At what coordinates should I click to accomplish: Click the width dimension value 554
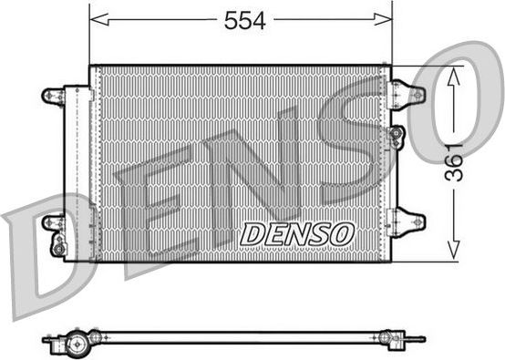pyautogui.click(x=244, y=22)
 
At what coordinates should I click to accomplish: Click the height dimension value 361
pyautogui.click(x=457, y=161)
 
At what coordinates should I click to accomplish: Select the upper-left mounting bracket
pyautogui.click(x=54, y=94)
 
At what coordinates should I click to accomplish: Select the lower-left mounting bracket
pyautogui.click(x=54, y=221)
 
